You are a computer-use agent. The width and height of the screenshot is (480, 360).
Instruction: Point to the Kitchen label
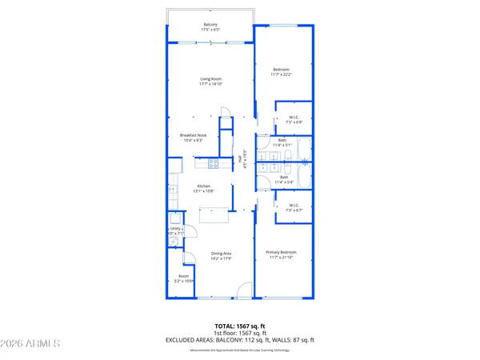tap(204, 188)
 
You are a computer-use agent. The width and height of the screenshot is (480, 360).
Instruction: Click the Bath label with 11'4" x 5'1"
tap(282, 142)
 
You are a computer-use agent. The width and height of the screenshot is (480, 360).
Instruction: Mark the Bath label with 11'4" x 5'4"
tap(284, 180)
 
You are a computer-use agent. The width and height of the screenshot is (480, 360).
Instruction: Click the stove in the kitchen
tap(214, 164)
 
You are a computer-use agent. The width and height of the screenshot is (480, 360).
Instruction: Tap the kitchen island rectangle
tap(213, 214)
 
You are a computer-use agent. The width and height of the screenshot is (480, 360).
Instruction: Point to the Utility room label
tap(176, 230)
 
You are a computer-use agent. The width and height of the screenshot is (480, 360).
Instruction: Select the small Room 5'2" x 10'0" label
tap(185, 280)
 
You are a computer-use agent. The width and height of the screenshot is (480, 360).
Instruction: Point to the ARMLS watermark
tap(32, 344)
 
